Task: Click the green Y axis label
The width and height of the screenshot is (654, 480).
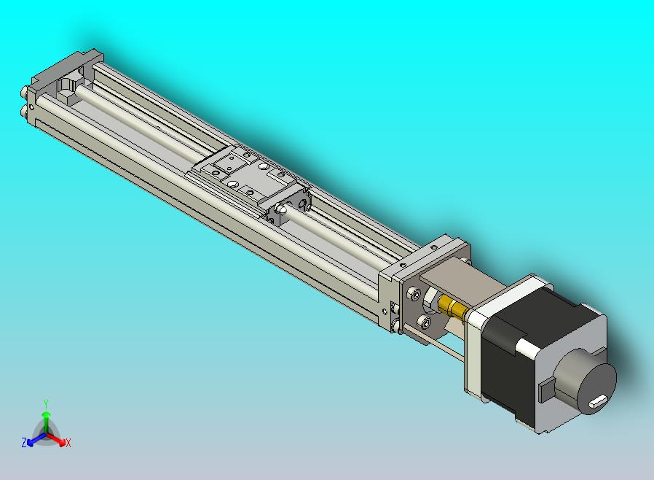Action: click(x=46, y=403)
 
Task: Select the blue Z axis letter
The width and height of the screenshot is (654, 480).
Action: click(x=24, y=442)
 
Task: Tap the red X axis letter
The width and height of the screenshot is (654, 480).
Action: click(x=68, y=443)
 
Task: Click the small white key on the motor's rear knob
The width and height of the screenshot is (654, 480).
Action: click(x=599, y=400)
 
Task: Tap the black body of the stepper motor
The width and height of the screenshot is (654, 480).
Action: click(x=510, y=365)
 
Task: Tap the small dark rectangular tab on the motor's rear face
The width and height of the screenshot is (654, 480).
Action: click(x=545, y=391)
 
